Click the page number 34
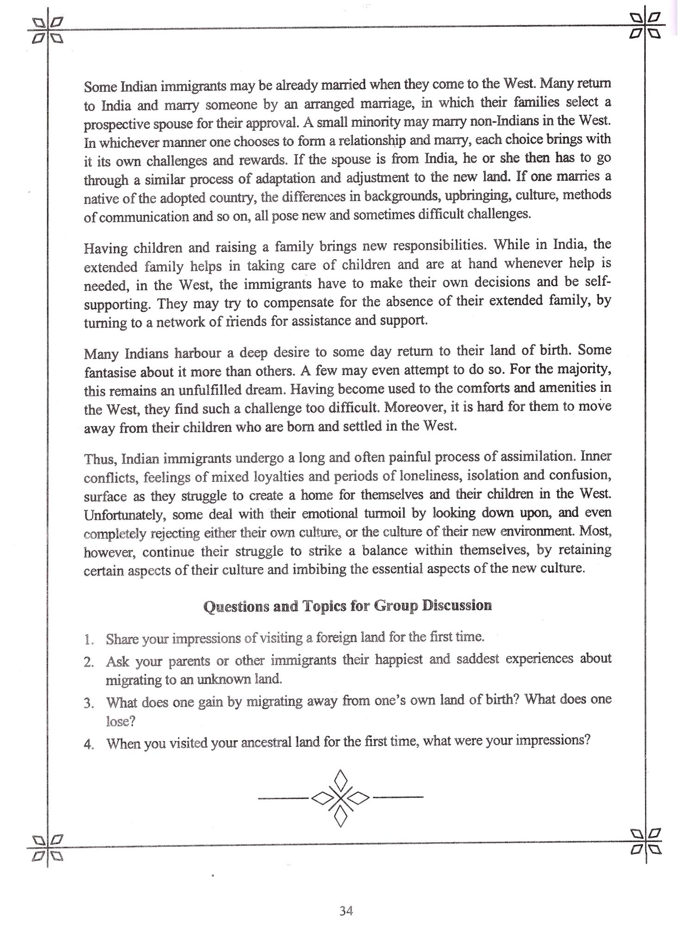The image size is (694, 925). [346, 911]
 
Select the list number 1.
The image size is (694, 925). [89, 640]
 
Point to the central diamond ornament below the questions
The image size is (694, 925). [341, 798]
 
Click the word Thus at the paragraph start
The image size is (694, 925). [101, 459]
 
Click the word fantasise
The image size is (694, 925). [110, 372]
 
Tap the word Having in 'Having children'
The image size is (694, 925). [105, 248]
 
